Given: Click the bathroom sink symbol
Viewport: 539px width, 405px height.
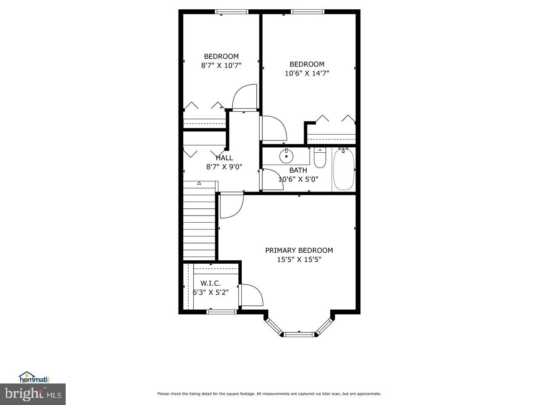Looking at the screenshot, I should (x=286, y=156).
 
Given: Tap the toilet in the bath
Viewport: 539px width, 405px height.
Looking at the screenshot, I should (x=320, y=157).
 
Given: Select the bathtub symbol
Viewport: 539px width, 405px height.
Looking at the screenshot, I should (x=344, y=169).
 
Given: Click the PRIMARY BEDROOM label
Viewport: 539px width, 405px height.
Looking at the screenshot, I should (x=299, y=250).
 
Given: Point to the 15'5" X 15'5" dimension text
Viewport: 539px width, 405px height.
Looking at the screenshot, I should (x=299, y=260).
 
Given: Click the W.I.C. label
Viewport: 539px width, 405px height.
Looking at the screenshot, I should (x=211, y=283).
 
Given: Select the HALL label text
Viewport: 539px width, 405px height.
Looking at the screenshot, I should (x=224, y=158).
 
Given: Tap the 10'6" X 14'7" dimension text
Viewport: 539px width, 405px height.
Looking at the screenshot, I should (x=307, y=73).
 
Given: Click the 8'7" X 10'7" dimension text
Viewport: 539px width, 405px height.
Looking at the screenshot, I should (x=221, y=65).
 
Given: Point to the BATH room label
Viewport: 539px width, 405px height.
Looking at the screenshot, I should (x=298, y=170).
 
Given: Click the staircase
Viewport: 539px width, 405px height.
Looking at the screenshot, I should (x=200, y=221).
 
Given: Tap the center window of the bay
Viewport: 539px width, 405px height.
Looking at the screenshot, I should (x=299, y=335).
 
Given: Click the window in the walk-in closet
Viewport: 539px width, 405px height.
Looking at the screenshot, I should (x=222, y=312).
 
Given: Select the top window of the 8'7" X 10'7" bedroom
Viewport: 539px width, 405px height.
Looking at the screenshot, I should (x=232, y=12).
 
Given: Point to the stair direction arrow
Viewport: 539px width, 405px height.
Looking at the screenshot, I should (x=199, y=183).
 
